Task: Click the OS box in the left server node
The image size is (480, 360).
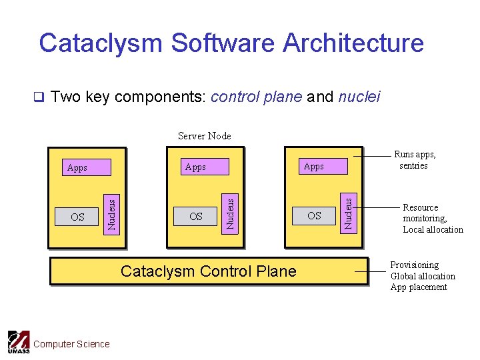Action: click(77, 217)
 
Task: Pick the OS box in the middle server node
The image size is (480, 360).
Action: click(196, 216)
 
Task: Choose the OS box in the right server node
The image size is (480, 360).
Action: click(314, 215)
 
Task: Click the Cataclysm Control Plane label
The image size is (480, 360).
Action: click(209, 271)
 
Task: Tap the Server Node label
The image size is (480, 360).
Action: click(205, 136)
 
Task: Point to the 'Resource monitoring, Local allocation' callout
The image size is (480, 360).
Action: click(433, 219)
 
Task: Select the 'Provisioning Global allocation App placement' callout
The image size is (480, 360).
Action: click(423, 276)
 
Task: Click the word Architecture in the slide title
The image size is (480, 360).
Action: click(353, 43)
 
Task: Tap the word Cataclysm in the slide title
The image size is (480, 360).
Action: click(101, 43)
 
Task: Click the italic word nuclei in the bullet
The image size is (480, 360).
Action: click(359, 97)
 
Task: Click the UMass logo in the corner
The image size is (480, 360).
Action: click(18, 342)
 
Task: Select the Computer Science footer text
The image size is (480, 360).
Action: click(71, 344)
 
